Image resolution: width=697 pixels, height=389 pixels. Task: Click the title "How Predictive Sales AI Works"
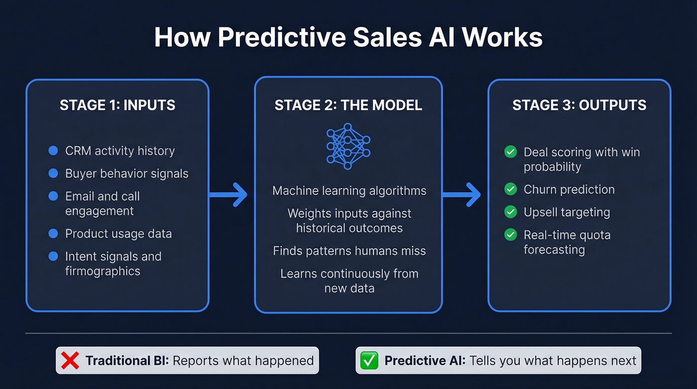click(x=348, y=37)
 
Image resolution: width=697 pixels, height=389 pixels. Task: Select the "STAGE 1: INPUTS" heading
click(x=117, y=105)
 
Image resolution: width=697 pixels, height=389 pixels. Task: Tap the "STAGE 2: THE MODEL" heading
click(x=348, y=105)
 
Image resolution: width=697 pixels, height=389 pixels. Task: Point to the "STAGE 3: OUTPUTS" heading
click(x=580, y=105)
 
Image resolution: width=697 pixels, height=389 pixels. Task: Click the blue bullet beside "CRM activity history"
click(x=53, y=150)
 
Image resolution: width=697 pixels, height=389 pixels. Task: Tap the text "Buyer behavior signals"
click(x=126, y=173)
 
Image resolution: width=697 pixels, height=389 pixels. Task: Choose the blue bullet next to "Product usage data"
click(x=53, y=233)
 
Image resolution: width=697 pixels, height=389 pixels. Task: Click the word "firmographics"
click(x=103, y=271)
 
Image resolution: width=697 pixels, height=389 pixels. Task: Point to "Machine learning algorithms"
click(x=349, y=190)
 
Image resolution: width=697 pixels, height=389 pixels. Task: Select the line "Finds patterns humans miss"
click(x=349, y=251)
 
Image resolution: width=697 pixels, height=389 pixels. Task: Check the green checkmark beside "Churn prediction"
click(x=510, y=189)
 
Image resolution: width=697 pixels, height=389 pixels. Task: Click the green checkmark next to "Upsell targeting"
click(x=510, y=212)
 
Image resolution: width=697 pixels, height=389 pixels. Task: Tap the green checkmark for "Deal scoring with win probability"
click(x=510, y=152)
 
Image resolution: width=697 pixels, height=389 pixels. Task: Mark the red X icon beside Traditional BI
click(x=70, y=360)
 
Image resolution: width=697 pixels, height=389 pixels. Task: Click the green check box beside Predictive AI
click(x=369, y=360)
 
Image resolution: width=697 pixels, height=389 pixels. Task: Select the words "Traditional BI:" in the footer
click(x=127, y=360)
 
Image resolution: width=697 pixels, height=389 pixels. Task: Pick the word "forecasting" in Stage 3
click(x=554, y=250)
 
